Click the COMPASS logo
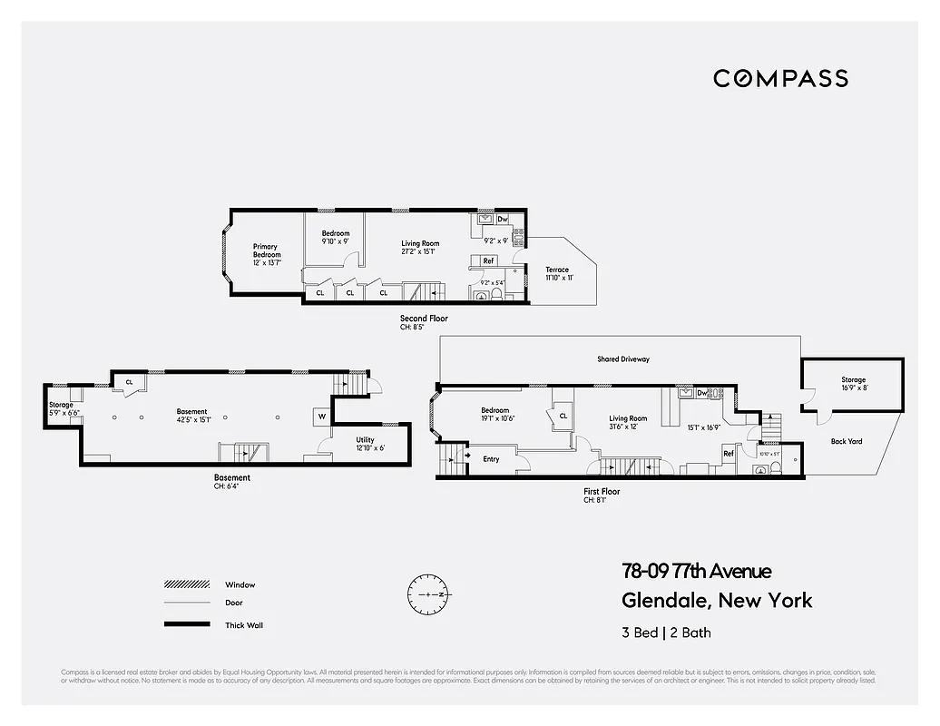point(780,78)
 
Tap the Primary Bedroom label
point(266,251)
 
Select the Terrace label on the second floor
point(557,270)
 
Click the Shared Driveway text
point(622,359)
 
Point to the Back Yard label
point(846,442)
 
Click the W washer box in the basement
point(321,417)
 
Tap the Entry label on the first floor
point(491,459)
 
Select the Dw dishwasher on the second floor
point(502,220)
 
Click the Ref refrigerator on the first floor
point(728,454)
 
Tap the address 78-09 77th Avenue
point(696,571)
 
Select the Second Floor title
point(424,319)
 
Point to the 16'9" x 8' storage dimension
point(853,388)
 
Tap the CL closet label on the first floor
point(563,416)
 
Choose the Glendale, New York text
point(717,600)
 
